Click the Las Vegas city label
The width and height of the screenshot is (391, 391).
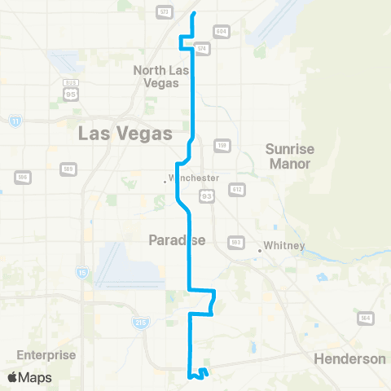pos(125,134)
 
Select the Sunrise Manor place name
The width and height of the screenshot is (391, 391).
pos(289,156)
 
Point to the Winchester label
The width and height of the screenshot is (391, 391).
pos(194,178)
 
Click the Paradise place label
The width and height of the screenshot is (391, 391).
pos(176,239)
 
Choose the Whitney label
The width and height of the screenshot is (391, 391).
pos(283,246)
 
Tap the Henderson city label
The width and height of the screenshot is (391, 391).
pos(349,358)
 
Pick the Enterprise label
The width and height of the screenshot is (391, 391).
pos(46,355)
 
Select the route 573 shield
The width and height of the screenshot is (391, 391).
pos(164,13)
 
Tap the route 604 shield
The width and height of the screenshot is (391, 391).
pos(222,31)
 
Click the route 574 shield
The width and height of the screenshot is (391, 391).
pos(203,49)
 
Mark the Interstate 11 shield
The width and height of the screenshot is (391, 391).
pos(15,121)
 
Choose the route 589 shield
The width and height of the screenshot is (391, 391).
pos(68,169)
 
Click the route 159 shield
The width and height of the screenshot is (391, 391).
pos(221,146)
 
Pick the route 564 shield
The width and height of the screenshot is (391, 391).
pos(365,318)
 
